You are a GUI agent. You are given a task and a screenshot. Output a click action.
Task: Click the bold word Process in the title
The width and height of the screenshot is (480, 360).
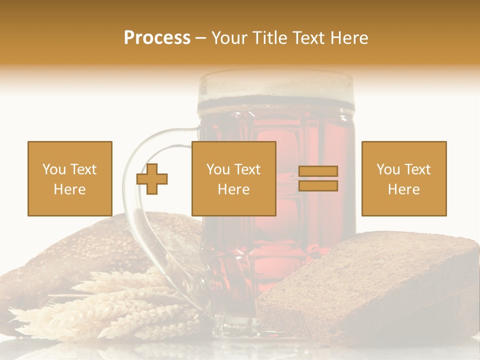pyautogui.click(x=157, y=38)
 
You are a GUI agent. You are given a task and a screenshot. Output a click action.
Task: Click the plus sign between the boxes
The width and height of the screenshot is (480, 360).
pyautogui.click(x=152, y=178)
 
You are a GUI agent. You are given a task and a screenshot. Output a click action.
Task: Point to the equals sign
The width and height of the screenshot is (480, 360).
pyautogui.click(x=318, y=178)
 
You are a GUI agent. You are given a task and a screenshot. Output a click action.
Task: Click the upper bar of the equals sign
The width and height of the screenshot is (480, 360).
pyautogui.click(x=318, y=171)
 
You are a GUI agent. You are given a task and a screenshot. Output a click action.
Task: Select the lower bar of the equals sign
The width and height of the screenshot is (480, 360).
pyautogui.click(x=318, y=185)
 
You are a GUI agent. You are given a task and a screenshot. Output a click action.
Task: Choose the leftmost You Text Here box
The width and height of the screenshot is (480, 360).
pyautogui.click(x=70, y=178)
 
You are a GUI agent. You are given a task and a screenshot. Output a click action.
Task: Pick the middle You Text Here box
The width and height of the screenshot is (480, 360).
pyautogui.click(x=233, y=178)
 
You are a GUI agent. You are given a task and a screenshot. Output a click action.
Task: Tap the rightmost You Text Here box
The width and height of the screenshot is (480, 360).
pyautogui.click(x=404, y=178)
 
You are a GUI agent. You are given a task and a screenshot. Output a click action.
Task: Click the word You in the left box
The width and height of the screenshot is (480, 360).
pyautogui.click(x=54, y=169)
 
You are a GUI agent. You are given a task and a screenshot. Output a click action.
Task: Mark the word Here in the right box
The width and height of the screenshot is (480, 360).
pyautogui.click(x=404, y=189)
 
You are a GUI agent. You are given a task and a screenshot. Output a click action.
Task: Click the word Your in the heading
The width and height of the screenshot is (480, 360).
pyautogui.click(x=230, y=38)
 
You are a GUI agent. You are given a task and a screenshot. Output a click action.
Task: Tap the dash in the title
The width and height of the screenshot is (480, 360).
pyautogui.click(x=201, y=38)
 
